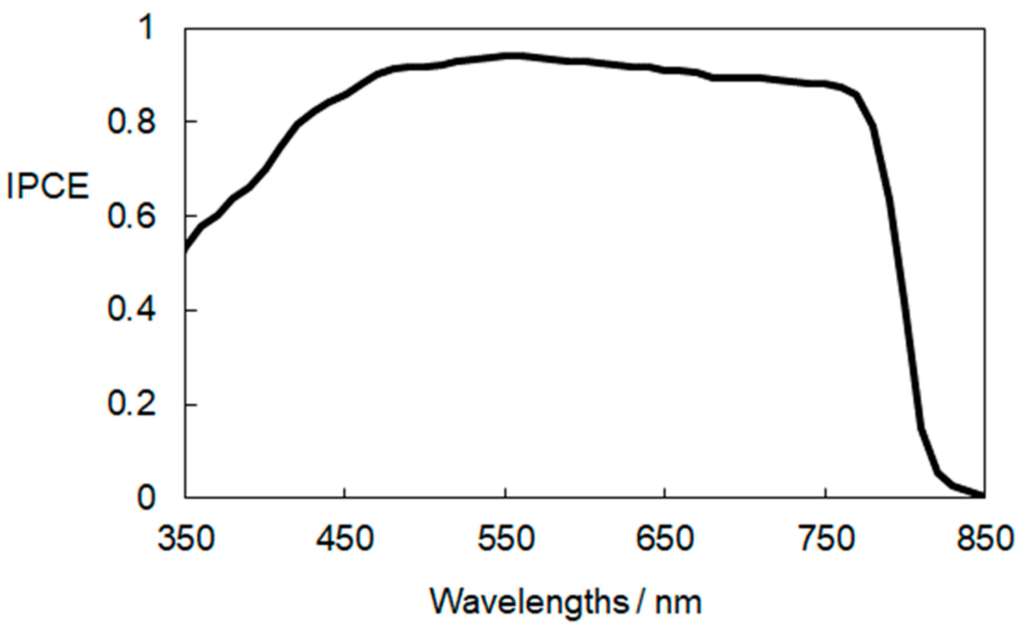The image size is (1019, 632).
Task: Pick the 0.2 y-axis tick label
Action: pyautogui.click(x=131, y=404)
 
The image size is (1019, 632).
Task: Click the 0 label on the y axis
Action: pyautogui.click(x=146, y=498)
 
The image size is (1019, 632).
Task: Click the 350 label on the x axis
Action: pyautogui.click(x=186, y=538)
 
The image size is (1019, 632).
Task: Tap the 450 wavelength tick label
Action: pyautogui.click(x=345, y=538)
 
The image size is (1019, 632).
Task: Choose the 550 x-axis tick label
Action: pyautogui.click(x=506, y=538)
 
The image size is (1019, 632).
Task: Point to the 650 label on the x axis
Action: pyautogui.click(x=664, y=538)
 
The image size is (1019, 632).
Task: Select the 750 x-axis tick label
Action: pyautogui.click(x=826, y=538)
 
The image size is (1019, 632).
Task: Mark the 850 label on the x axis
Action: pyautogui.click(x=985, y=538)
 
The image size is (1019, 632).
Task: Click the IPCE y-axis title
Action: pyautogui.click(x=48, y=186)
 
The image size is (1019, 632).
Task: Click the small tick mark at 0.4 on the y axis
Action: pyautogui.click(x=191, y=310)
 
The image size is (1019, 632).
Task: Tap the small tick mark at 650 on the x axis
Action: pyautogui.click(x=665, y=492)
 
